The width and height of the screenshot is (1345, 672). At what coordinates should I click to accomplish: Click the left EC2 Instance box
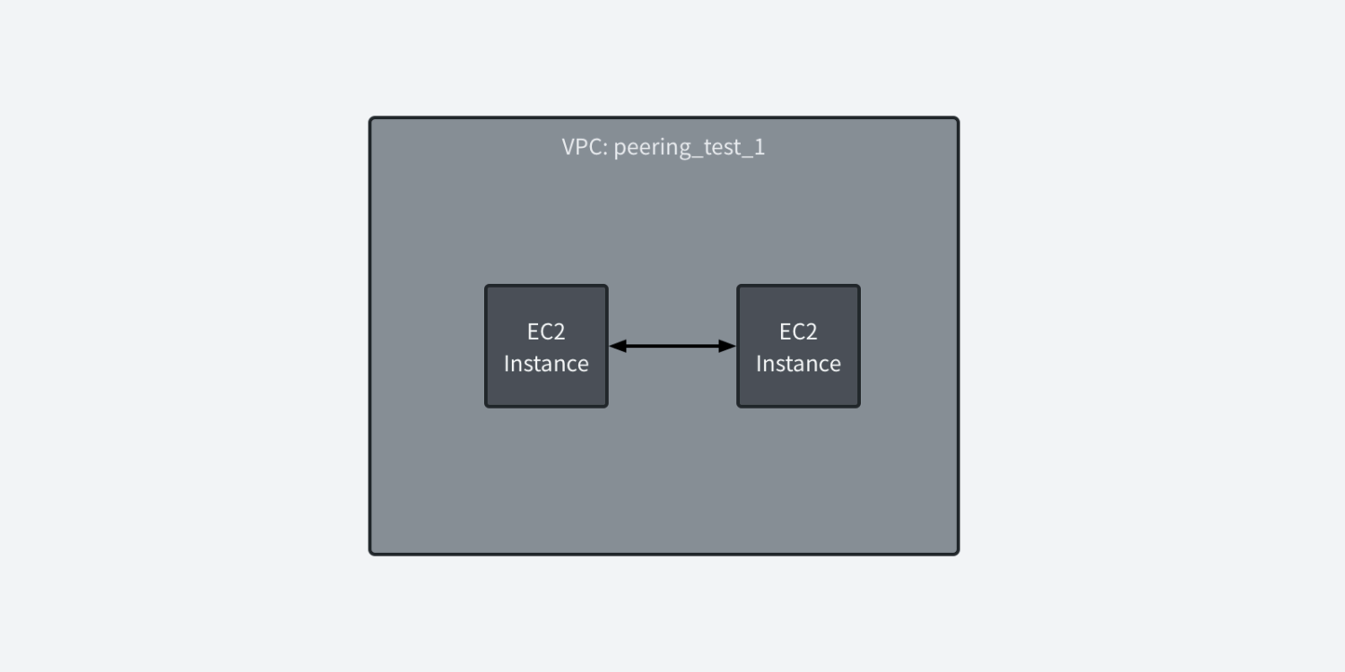[x=546, y=346]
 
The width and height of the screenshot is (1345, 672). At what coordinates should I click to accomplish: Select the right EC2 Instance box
[x=798, y=346]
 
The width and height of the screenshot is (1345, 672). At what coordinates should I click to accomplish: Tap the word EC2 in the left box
[x=546, y=332]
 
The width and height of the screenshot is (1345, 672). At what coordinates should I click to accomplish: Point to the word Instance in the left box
[x=546, y=364]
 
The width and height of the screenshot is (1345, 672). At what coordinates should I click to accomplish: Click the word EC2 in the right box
[x=798, y=332]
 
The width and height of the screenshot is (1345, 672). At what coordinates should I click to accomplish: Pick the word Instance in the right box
[x=798, y=364]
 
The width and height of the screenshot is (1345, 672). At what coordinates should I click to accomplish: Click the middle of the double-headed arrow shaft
[x=672, y=346]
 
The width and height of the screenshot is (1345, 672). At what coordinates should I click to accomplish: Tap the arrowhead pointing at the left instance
[x=617, y=346]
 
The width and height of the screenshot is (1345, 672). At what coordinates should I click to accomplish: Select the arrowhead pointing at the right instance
[x=728, y=346]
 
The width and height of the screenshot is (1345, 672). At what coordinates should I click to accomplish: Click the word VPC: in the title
[x=584, y=147]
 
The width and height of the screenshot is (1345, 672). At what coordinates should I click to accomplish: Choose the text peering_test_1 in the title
[x=689, y=147]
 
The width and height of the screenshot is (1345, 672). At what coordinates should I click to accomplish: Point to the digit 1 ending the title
[x=760, y=147]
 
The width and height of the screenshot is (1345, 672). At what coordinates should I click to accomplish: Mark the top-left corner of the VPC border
[x=371, y=119]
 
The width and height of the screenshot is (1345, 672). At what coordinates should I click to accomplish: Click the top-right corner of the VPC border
[x=957, y=119]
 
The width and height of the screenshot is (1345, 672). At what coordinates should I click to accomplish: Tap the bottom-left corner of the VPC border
[x=371, y=553]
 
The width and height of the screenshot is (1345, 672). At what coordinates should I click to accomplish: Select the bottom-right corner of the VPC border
[x=957, y=553]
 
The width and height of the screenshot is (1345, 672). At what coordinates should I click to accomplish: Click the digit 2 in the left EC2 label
[x=560, y=332]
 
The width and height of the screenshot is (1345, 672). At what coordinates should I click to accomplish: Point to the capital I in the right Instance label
[x=759, y=364]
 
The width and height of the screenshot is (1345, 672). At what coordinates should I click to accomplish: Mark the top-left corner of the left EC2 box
[x=487, y=287]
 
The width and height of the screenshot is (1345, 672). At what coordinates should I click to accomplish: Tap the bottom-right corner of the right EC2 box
[x=858, y=406]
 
